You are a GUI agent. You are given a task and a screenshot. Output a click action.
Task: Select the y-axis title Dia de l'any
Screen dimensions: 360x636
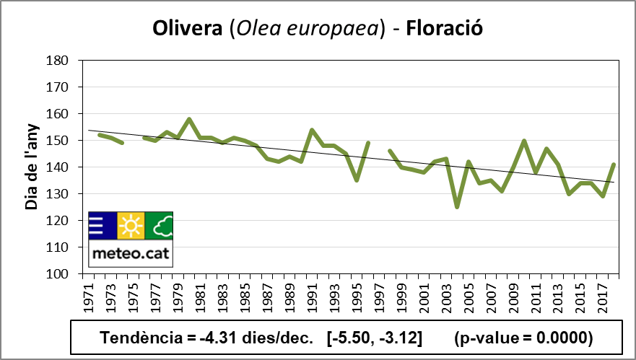click(x=31, y=167)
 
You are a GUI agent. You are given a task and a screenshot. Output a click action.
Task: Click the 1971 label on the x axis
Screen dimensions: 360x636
click(x=88, y=297)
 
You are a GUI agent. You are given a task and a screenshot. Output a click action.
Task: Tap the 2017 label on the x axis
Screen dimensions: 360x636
click(x=602, y=297)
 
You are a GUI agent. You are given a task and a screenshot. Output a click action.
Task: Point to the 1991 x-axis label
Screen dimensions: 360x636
click(x=312, y=297)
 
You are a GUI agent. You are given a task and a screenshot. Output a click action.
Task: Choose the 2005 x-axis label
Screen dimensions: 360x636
click(x=468, y=297)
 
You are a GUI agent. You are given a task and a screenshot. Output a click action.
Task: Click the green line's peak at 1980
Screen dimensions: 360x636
click(x=188, y=119)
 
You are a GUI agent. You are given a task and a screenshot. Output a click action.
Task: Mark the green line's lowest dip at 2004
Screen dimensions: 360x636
click(x=456, y=207)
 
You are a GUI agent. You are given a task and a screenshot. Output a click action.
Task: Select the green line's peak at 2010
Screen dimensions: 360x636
click(x=523, y=141)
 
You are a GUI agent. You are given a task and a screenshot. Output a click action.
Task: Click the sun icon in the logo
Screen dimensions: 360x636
click(x=131, y=227)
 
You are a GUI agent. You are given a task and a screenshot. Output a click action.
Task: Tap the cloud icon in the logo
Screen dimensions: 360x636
click(x=160, y=227)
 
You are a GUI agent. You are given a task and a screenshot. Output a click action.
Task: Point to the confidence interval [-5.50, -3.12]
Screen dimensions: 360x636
click(x=374, y=338)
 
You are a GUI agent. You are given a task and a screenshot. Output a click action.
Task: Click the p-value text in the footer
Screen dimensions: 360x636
click(x=524, y=338)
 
